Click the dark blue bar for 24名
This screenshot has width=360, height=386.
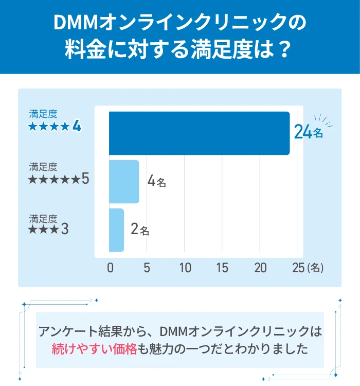pos(199,133)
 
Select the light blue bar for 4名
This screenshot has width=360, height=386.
pos(124,182)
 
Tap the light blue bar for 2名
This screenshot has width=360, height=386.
pos(117,230)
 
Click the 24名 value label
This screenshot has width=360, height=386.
pos(308,133)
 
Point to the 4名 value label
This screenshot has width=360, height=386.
pos(156,182)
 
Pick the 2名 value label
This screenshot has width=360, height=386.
pos(140,230)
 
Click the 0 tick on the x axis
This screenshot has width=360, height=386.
pos(110,268)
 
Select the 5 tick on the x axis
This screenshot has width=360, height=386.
pos(147,268)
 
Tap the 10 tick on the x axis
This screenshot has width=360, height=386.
pos(185,268)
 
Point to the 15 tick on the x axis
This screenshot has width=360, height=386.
pos(222,268)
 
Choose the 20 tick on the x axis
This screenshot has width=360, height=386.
pos(260,268)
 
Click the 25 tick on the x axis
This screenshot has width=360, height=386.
pos(298,268)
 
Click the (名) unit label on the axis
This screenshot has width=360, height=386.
pos(315,268)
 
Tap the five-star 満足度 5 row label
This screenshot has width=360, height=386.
pos(59,173)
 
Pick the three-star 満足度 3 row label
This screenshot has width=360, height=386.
pos(49,224)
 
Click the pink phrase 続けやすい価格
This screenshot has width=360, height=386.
pos(94,349)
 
